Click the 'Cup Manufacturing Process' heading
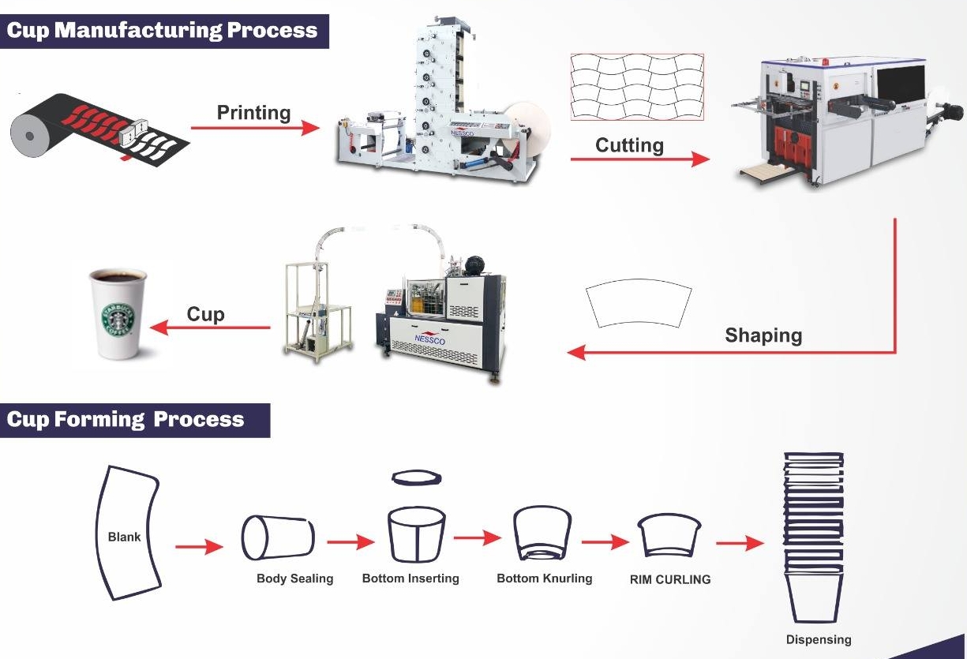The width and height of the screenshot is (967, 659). click(x=162, y=30)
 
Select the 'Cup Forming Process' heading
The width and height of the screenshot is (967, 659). click(x=126, y=419)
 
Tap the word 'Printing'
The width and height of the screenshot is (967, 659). click(x=253, y=113)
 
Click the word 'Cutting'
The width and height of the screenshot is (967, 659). click(x=629, y=145)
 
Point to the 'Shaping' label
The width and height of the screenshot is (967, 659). click(x=763, y=335)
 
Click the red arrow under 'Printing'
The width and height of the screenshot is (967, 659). click(x=255, y=128)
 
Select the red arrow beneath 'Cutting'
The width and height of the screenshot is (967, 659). click(x=639, y=159)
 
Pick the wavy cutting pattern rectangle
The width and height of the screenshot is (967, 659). click(x=636, y=87)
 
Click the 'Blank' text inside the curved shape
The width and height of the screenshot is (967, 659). click(x=124, y=537)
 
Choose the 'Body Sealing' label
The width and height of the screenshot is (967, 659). click(x=294, y=578)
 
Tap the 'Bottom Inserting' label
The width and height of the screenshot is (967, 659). click(x=410, y=578)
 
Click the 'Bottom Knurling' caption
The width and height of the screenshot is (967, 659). click(x=544, y=578)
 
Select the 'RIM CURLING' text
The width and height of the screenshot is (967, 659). click(x=669, y=579)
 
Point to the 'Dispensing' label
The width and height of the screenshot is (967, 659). click(x=819, y=639)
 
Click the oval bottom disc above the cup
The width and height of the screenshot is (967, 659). click(x=417, y=477)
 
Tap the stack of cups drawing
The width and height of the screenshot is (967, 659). click(x=813, y=537)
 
